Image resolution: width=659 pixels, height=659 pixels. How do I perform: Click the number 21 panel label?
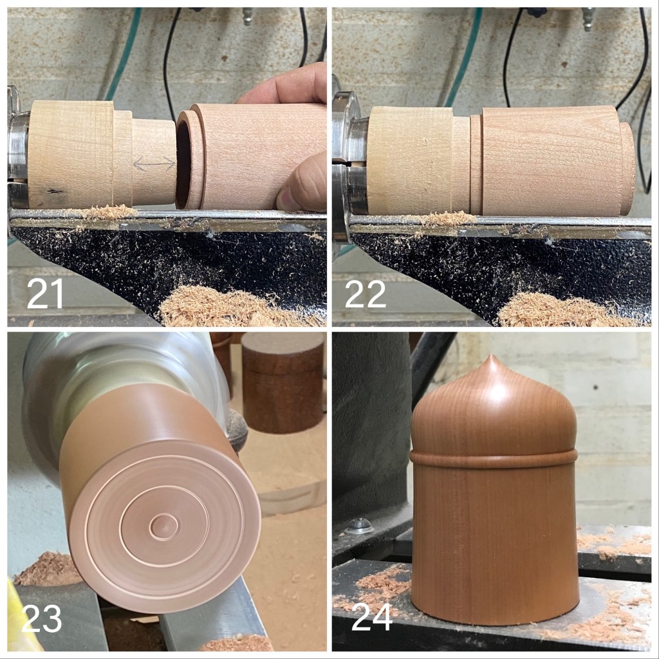click(x=45, y=293)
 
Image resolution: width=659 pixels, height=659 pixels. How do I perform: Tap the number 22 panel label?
click(x=365, y=294)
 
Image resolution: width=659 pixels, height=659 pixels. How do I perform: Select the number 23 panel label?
click(x=41, y=618)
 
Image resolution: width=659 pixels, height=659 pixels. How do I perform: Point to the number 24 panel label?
click(x=372, y=617)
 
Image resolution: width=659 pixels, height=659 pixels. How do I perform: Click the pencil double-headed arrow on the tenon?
click(x=154, y=163)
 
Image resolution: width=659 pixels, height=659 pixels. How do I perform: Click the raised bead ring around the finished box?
click(x=494, y=458)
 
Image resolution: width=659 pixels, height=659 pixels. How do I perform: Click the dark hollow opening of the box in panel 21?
click(x=183, y=160)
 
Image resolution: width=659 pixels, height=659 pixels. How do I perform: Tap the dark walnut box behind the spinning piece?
click(x=283, y=382)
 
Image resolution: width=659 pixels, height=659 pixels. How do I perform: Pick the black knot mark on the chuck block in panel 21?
click(x=53, y=192)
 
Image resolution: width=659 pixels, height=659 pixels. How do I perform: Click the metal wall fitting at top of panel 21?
click(x=248, y=16)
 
